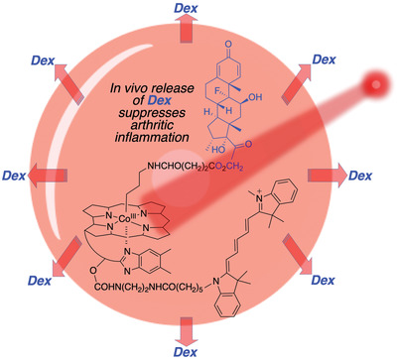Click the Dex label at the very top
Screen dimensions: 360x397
click(x=198, y=8)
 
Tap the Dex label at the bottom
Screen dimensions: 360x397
click(x=198, y=350)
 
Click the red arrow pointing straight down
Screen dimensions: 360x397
click(x=198, y=328)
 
